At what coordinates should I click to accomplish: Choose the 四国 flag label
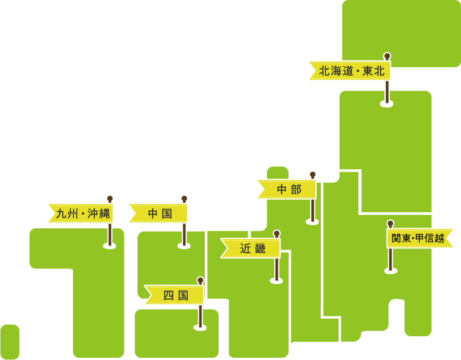(175, 295)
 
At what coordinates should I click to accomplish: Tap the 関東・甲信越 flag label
(418, 238)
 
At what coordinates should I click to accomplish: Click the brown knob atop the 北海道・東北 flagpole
(387, 56)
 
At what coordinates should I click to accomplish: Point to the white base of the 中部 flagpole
(312, 221)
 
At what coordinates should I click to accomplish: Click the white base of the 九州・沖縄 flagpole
(109, 245)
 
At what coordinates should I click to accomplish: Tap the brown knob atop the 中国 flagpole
(184, 198)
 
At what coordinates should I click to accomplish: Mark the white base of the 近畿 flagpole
(276, 281)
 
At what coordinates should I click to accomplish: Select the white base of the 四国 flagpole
(200, 327)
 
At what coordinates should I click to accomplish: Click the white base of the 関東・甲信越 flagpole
(391, 270)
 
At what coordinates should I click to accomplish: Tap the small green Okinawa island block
(10, 342)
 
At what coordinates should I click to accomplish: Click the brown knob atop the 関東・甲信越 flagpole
(390, 223)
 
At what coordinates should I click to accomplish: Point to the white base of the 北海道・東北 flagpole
(387, 104)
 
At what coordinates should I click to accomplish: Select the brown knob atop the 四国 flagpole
(200, 280)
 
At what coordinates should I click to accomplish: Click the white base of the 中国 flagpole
(184, 245)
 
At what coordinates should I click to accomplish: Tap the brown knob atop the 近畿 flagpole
(276, 233)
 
